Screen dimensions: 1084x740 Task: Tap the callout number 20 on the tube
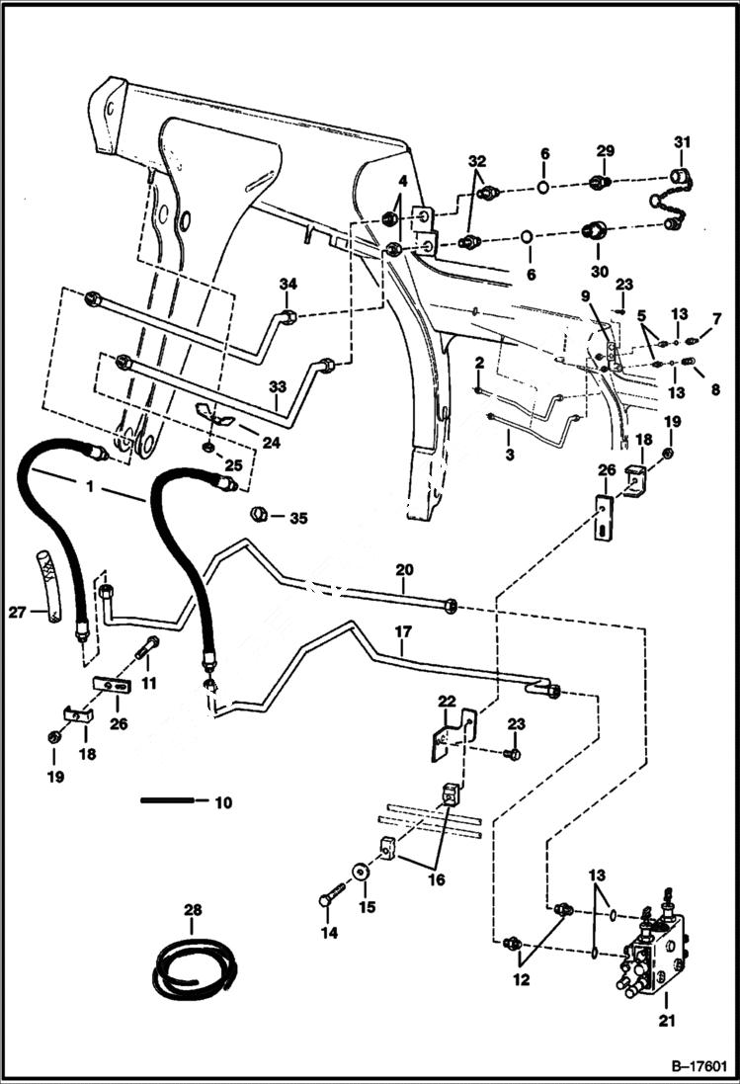[404, 569]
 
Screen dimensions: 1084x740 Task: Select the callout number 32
[477, 160]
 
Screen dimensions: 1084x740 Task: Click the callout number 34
[288, 285]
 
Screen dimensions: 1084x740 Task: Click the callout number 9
[586, 294]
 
